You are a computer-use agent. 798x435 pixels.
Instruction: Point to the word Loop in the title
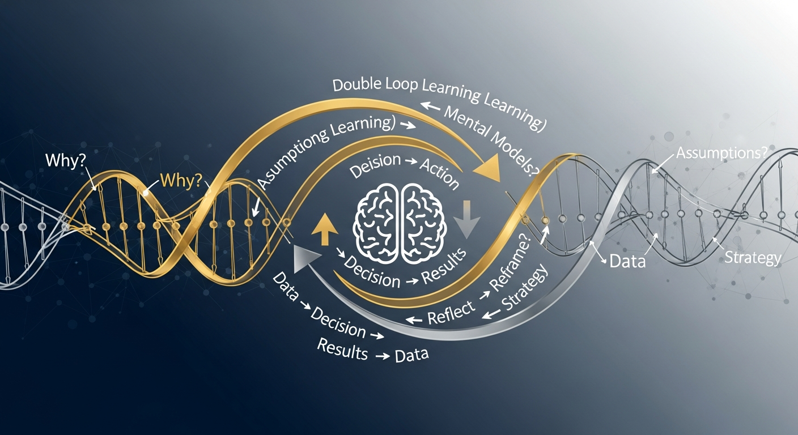point(415,85)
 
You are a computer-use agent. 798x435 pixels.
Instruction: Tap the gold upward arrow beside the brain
point(324,228)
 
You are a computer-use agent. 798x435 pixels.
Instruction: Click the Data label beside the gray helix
point(627,262)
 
